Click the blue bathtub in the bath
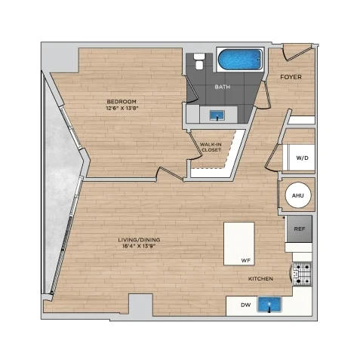point(240,60)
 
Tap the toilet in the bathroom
point(199,61)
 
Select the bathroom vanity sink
point(217,115)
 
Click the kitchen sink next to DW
point(269,305)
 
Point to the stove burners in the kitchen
point(302,274)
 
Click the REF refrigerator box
point(300,229)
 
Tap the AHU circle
point(298,195)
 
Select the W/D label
point(302,158)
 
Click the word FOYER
point(291,77)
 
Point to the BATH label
point(223,87)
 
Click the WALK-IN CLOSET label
point(211,147)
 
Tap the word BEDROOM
point(122,102)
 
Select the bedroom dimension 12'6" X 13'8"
point(122,109)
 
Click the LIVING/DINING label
point(139,240)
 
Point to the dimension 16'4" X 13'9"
point(139,247)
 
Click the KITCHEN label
point(260,279)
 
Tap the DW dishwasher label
point(246,305)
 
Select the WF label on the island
point(246,261)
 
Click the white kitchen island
point(239,244)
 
